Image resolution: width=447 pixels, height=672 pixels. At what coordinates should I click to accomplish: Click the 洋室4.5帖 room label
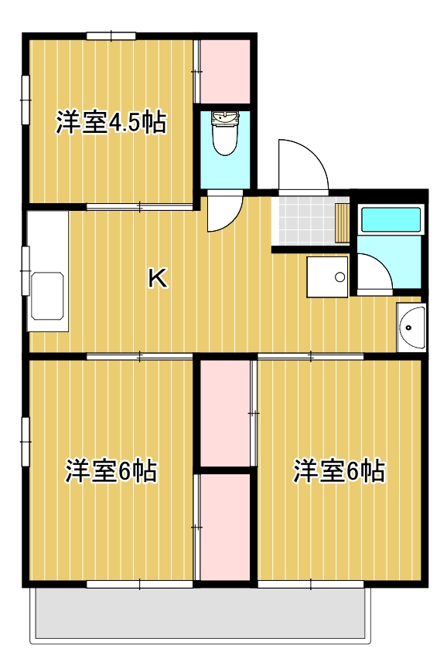click(x=111, y=123)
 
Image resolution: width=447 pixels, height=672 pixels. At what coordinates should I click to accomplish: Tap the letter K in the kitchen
click(x=158, y=278)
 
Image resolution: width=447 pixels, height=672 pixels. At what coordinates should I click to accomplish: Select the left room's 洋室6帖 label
click(x=111, y=470)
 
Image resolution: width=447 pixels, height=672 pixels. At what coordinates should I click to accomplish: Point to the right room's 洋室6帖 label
click(x=339, y=470)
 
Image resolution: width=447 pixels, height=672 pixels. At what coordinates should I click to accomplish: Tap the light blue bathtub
click(x=391, y=220)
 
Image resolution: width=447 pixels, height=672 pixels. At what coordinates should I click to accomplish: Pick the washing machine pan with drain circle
click(x=327, y=277)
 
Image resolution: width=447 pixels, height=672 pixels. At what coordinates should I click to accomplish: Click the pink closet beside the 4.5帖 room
click(x=225, y=72)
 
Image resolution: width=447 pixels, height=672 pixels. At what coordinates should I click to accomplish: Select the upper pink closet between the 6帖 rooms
click(x=225, y=412)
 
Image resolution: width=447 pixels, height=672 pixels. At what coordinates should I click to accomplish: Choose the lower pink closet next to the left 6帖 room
click(x=225, y=527)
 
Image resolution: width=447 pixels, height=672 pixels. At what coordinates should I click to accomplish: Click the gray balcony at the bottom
click(x=200, y=613)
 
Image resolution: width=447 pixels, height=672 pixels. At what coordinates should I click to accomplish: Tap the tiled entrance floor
click(x=307, y=221)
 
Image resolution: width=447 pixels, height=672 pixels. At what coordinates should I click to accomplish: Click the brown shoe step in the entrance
click(x=343, y=223)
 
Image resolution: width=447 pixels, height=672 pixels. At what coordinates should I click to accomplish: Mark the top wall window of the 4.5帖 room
click(x=111, y=36)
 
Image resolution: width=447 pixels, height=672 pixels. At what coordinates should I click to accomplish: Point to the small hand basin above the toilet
click(x=225, y=118)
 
